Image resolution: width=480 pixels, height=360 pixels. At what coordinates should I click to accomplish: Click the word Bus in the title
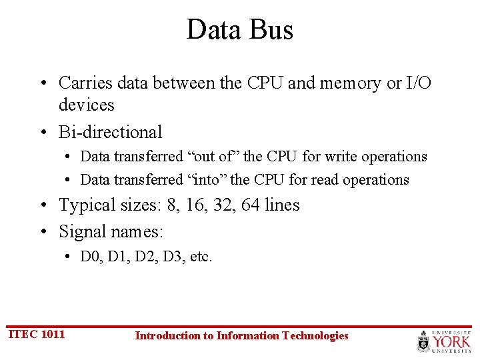pos(273,30)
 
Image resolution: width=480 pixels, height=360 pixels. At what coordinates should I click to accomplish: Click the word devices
pos(87,105)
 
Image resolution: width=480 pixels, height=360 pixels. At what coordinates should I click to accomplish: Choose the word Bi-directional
pos(111,132)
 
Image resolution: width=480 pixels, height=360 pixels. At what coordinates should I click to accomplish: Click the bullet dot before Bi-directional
pos(42,132)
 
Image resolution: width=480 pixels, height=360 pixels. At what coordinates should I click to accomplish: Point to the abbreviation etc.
pos(201,257)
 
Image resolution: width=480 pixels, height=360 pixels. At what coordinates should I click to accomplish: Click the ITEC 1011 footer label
pos(37,334)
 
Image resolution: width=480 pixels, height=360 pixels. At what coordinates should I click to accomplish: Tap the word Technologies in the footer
pos(315,336)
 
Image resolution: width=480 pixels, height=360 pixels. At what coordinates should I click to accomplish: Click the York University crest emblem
pos(424,341)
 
